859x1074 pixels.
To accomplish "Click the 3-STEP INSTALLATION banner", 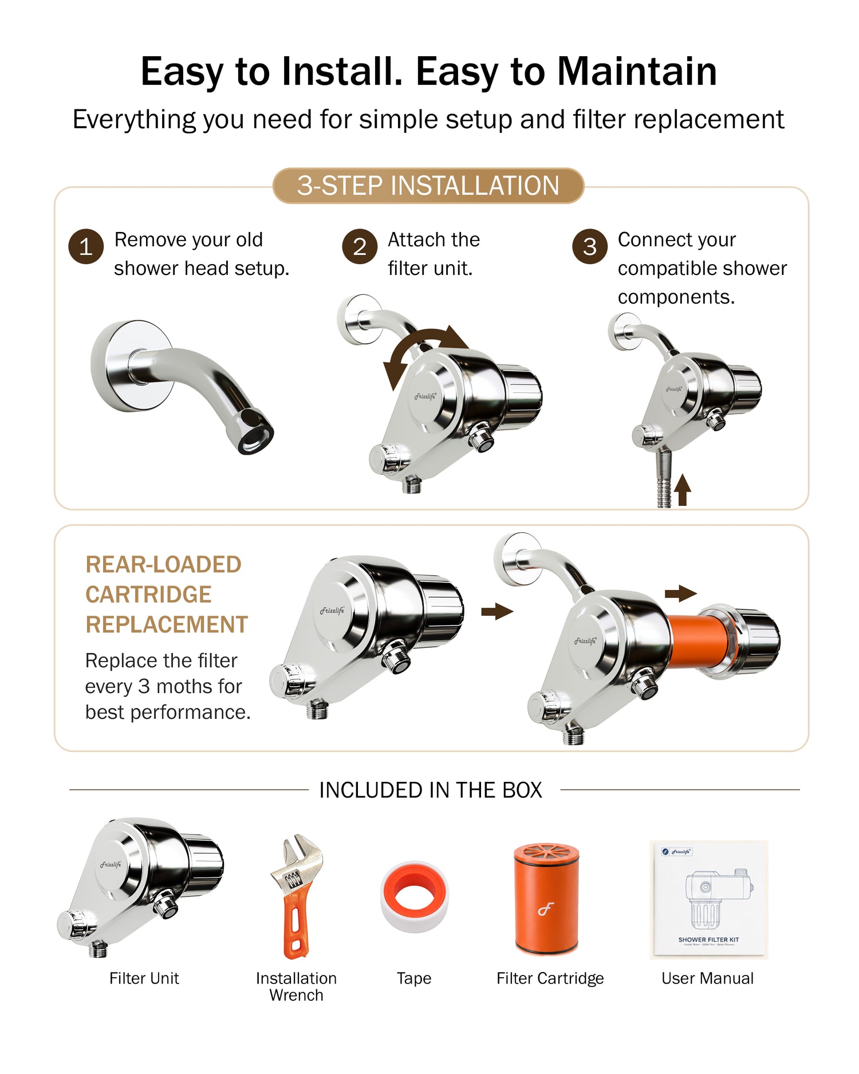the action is pos(428,186).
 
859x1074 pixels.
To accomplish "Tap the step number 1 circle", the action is pos(86,247).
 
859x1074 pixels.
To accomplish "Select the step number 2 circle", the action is pos(360,247).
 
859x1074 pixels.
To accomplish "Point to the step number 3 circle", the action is pos(590,247).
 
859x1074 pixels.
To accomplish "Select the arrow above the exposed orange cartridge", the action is pos(681,593).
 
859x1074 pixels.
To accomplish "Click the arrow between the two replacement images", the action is pos(497,611).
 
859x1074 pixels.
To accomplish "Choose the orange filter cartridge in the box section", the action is pos(546,898).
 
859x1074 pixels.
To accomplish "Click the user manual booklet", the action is pos(708,899).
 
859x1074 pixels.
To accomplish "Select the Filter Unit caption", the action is pos(144,978).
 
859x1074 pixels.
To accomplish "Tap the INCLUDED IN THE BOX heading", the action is pos(431,790).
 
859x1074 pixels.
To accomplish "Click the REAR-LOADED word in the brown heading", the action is pos(163,564).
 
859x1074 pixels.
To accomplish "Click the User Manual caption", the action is pos(708,978).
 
